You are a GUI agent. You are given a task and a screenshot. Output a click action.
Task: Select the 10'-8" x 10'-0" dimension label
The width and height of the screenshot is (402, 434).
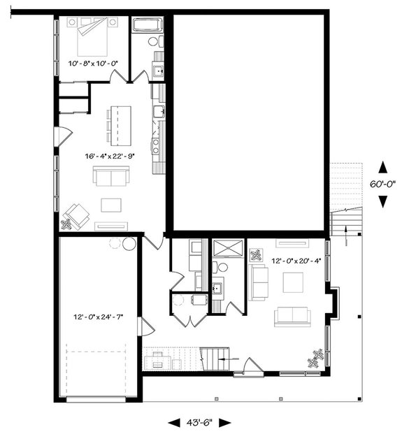pyautogui.click(x=93, y=64)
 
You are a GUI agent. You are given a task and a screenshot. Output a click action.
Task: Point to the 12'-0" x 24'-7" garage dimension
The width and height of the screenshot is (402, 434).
pyautogui.click(x=99, y=317)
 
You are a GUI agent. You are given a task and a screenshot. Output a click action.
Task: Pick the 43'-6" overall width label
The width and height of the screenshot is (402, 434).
pyautogui.click(x=200, y=423)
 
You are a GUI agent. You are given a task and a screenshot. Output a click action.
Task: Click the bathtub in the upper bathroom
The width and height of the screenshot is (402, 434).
pyautogui.click(x=148, y=26)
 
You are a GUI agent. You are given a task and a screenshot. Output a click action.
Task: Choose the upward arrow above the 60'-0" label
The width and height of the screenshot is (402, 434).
pyautogui.click(x=383, y=167)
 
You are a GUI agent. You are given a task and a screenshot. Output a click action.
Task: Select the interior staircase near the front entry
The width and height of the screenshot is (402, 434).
pyautogui.click(x=215, y=359)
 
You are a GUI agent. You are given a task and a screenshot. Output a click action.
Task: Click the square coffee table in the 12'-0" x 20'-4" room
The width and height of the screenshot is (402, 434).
pyautogui.click(x=292, y=282)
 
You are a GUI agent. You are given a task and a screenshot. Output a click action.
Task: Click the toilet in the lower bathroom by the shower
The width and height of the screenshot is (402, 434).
pyautogui.click(x=222, y=266)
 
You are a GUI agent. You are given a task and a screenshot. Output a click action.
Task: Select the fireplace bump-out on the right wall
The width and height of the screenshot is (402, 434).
pyautogui.click(x=334, y=302)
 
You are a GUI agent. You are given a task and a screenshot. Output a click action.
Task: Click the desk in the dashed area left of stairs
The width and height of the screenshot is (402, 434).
pyautogui.click(x=163, y=360)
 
